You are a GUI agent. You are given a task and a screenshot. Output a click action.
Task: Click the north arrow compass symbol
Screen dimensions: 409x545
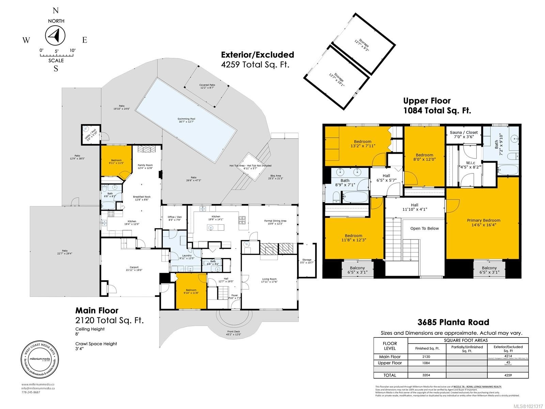click(x=56, y=35)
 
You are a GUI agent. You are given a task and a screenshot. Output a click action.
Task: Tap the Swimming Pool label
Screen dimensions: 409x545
click(x=186, y=120)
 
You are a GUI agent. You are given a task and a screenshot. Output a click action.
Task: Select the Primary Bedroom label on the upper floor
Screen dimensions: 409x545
click(x=483, y=223)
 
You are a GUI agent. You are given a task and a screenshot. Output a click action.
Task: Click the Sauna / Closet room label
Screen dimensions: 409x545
click(x=464, y=134)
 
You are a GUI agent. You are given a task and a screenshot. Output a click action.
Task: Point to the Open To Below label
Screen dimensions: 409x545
click(x=424, y=228)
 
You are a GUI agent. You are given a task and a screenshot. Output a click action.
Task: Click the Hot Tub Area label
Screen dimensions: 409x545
click(x=250, y=167)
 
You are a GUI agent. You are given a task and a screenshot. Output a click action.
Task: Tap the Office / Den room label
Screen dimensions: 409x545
click(x=174, y=218)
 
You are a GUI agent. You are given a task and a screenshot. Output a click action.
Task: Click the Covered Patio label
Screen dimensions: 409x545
click(x=207, y=87)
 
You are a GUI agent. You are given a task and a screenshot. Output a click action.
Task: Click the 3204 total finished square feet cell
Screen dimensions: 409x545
click(x=426, y=375)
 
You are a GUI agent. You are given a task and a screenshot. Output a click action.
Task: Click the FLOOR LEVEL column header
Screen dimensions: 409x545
click(x=390, y=346)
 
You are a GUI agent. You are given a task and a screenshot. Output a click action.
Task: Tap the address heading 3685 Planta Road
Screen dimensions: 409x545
click(x=453, y=322)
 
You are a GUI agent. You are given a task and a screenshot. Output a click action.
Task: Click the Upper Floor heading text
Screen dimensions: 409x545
click(x=427, y=101)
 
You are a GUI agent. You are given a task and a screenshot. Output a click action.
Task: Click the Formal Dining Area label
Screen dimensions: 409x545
click(x=275, y=223)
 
